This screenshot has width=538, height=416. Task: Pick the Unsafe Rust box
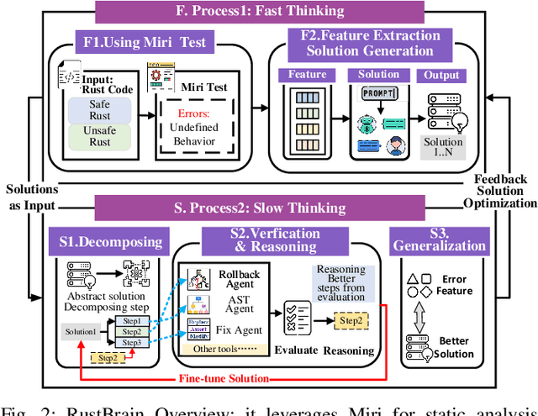[x=99, y=137]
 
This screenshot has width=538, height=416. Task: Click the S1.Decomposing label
[x=111, y=241]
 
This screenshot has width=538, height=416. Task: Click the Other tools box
[x=224, y=349]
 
